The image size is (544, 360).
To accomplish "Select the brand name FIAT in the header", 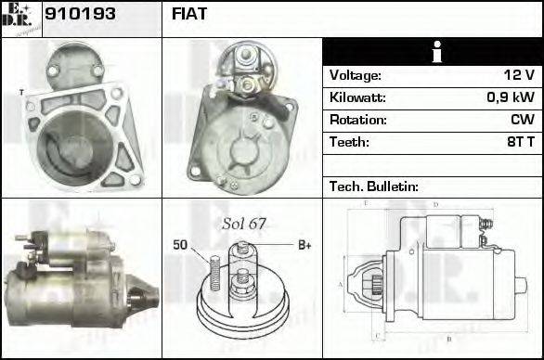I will tap(189, 14).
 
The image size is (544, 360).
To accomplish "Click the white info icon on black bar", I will tap(433, 53).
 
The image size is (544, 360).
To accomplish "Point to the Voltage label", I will tap(356, 75).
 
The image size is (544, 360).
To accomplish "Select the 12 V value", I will tap(518, 75).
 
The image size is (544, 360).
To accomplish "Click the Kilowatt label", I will tap(357, 97).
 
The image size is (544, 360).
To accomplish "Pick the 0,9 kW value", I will tap(511, 97).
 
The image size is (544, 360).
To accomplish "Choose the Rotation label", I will tap(356, 120).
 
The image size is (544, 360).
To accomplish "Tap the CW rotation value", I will tap(522, 120).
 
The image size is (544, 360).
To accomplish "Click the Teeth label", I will tap(349, 142).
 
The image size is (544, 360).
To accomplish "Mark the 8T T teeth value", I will tap(520, 142).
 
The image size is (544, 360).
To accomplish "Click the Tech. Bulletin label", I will tap(374, 186).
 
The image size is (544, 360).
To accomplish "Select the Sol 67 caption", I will tap(244, 224).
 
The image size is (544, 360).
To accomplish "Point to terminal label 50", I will tap(182, 245).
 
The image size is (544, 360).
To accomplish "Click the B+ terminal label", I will tap(304, 245).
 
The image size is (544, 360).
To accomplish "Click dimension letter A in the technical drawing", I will tap(341, 283).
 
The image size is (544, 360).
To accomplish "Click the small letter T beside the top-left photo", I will tap(20, 91).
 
